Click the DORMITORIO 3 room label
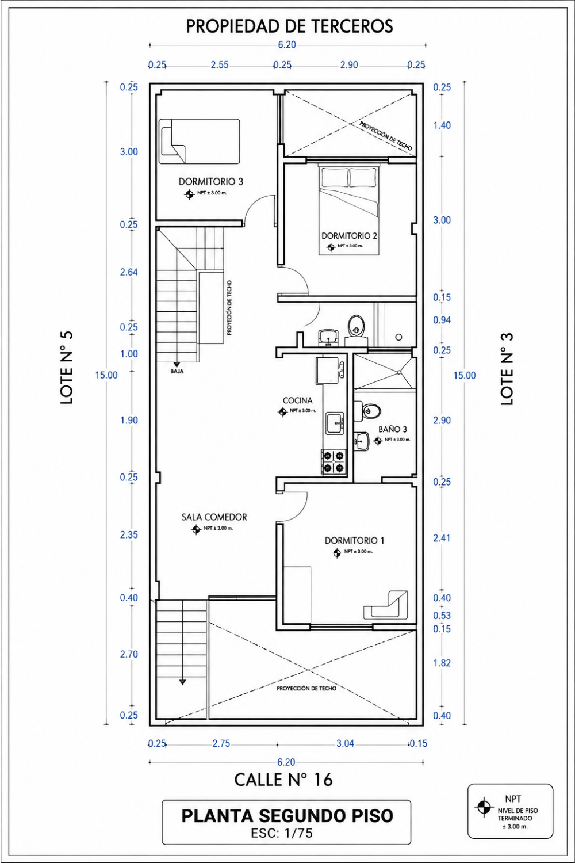tap(210, 181)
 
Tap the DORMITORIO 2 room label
tap(350, 236)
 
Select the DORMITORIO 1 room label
tap(354, 541)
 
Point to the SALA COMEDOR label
tap(214, 517)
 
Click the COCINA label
tap(298, 400)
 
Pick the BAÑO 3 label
tap(393, 429)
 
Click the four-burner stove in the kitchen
tap(333, 462)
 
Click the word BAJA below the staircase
tap(177, 372)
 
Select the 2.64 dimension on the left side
tap(129, 272)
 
